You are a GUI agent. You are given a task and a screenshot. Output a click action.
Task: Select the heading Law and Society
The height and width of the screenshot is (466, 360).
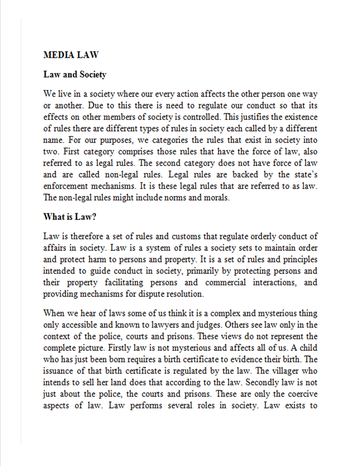[75, 75]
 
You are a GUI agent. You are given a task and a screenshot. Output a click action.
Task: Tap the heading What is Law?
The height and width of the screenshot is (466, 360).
[70, 217]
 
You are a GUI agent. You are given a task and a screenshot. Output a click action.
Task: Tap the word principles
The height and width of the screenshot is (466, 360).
[300, 259]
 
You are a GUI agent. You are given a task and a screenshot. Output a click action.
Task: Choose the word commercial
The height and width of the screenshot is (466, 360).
[225, 282]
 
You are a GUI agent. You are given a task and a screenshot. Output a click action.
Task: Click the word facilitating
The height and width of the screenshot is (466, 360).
[124, 282]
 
